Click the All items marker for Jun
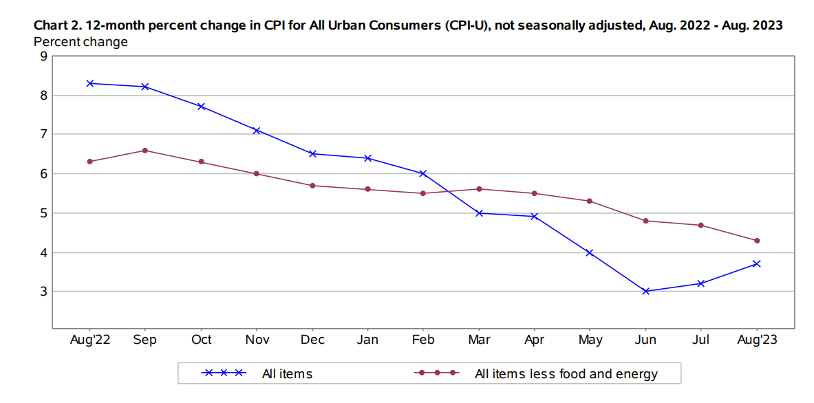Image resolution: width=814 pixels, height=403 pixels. [645, 291]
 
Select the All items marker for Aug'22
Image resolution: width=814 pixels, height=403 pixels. [89, 83]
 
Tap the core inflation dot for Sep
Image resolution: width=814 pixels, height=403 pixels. [145, 150]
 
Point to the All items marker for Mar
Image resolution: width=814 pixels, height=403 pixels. [479, 213]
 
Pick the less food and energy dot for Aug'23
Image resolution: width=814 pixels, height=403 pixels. [757, 241]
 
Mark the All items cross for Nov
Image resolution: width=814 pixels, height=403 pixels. [257, 130]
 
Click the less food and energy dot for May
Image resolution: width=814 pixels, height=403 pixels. [590, 201]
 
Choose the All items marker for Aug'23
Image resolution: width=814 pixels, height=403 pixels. [757, 263]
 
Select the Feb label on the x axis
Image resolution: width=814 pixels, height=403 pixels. [423, 340]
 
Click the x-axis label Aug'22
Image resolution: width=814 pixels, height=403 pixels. [89, 340]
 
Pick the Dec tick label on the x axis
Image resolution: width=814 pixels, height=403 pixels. [312, 340]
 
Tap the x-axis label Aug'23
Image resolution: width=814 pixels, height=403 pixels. [757, 340]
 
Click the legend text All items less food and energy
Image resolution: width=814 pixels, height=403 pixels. [566, 374]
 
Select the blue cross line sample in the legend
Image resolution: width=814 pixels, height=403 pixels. [224, 373]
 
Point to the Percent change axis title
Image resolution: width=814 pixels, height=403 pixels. [81, 42]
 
